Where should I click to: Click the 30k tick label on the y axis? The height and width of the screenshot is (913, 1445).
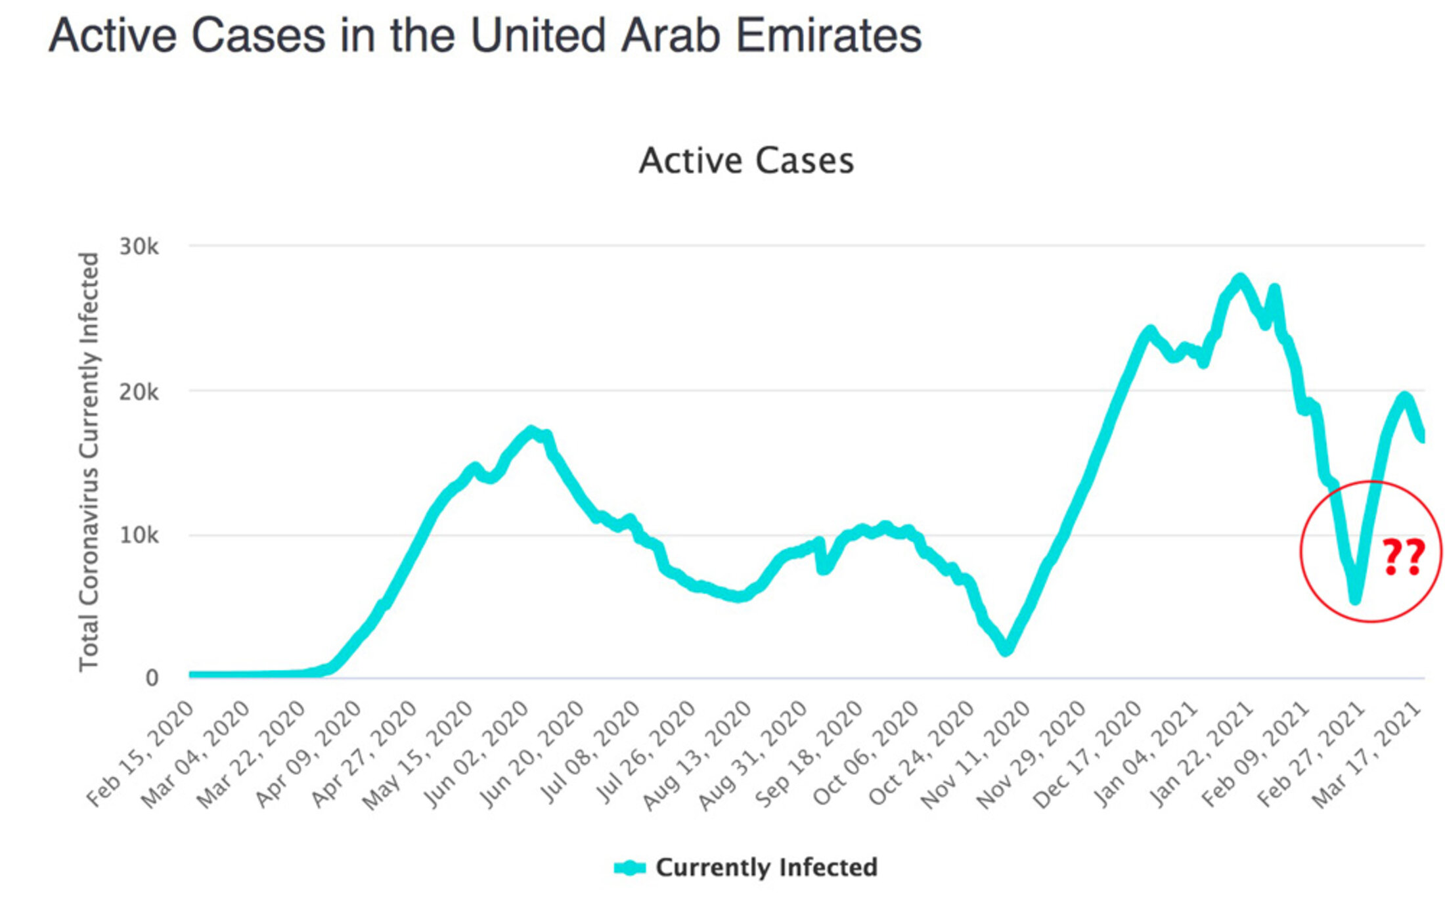[x=139, y=247]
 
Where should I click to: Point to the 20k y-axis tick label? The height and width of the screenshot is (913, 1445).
[x=139, y=392]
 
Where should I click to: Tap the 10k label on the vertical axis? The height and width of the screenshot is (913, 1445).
[x=139, y=535]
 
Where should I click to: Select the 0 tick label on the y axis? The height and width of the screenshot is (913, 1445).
[x=152, y=678]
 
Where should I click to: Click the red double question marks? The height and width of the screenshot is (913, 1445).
[x=1404, y=557]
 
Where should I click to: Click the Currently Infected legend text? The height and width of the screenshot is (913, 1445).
[x=766, y=868]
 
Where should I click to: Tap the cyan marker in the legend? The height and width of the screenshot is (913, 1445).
[x=630, y=868]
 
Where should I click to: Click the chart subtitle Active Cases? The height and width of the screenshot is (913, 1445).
[x=746, y=161]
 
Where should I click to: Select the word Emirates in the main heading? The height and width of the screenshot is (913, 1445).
[x=829, y=35]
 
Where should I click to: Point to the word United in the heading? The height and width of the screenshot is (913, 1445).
[x=538, y=35]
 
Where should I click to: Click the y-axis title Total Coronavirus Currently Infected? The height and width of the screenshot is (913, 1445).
[x=89, y=462]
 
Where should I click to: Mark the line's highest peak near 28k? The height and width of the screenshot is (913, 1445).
[x=1239, y=280]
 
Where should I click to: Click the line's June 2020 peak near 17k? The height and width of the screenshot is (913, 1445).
[x=531, y=431]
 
